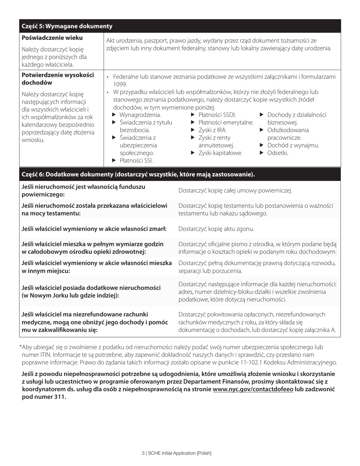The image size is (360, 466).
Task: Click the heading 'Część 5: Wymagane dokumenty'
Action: pyautogui.click(x=67, y=26)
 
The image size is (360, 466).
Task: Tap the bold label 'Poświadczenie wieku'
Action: pyautogui.click(x=52, y=38)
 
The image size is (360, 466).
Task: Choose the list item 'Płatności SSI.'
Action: pyautogui.click(x=136, y=161)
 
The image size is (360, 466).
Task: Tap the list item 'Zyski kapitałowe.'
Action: pyautogui.click(x=220, y=153)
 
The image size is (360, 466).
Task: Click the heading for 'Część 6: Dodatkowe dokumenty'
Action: pyautogui.click(x=138, y=175)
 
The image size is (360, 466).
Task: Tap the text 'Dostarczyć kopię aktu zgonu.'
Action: pyautogui.click(x=216, y=229)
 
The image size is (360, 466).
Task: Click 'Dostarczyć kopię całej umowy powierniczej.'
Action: pyautogui.click(x=235, y=190)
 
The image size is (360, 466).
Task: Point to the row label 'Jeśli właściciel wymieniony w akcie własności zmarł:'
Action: pyautogui.click(x=94, y=229)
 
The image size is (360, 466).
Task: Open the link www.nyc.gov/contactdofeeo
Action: pyautogui.click(x=253, y=389)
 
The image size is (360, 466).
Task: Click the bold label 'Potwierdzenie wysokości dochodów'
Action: pyautogui.click(x=58, y=79)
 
